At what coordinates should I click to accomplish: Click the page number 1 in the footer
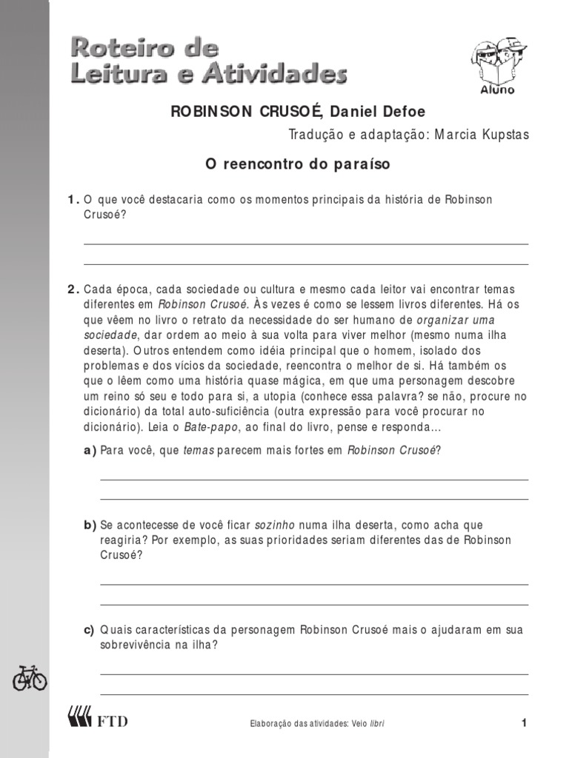pos(523,723)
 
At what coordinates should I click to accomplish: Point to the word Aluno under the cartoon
pos(502,90)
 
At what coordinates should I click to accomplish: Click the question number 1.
pos(73,200)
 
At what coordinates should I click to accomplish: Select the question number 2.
pos(73,289)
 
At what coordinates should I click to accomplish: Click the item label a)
pos(90,450)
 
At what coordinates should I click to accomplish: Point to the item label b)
pos(90,525)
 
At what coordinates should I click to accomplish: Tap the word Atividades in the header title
pos(286,74)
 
